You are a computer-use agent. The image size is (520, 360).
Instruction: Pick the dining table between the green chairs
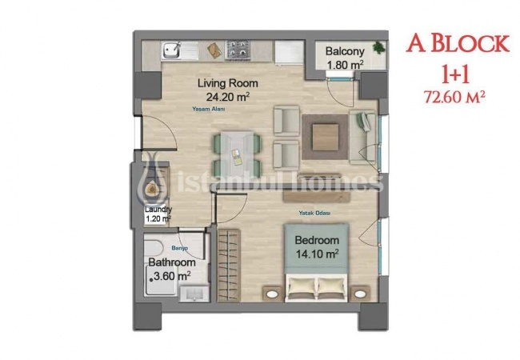[x=235, y=145]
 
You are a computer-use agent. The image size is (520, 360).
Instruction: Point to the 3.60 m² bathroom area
[x=172, y=275]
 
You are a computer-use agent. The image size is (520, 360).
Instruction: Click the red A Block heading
[x=448, y=45]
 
